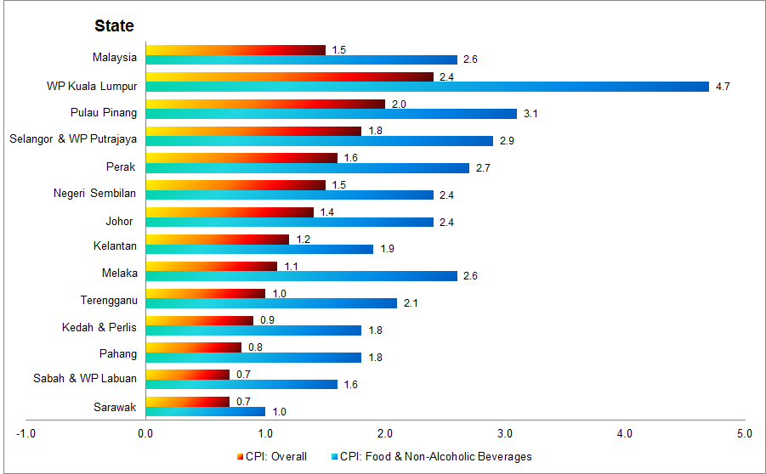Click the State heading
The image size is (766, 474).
pyautogui.click(x=114, y=26)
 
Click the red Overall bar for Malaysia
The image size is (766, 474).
pyautogui.click(x=235, y=50)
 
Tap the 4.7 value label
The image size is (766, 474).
pyautogui.click(x=723, y=87)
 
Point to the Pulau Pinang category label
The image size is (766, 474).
pyautogui.click(x=103, y=113)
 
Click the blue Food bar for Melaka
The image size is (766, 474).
pyautogui.click(x=301, y=277)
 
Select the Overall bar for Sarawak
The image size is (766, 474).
pyautogui.click(x=187, y=401)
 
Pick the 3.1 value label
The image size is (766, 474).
pyautogui.click(x=531, y=114)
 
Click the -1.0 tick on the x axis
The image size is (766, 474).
pyautogui.click(x=26, y=434)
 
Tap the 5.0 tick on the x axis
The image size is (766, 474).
pyautogui.click(x=745, y=434)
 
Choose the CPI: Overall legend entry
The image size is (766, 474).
pyautogui.click(x=272, y=456)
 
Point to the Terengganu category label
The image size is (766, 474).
pyautogui.click(x=108, y=301)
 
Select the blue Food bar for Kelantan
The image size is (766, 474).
pyautogui.click(x=259, y=250)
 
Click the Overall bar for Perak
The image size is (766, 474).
pyautogui.click(x=241, y=157)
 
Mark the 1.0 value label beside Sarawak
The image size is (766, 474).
pyautogui.click(x=279, y=412)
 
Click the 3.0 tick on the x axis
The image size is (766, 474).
pyautogui.click(x=505, y=434)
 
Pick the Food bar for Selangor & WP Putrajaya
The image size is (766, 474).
pyautogui.click(x=319, y=141)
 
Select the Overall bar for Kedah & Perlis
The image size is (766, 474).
pyautogui.click(x=199, y=320)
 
